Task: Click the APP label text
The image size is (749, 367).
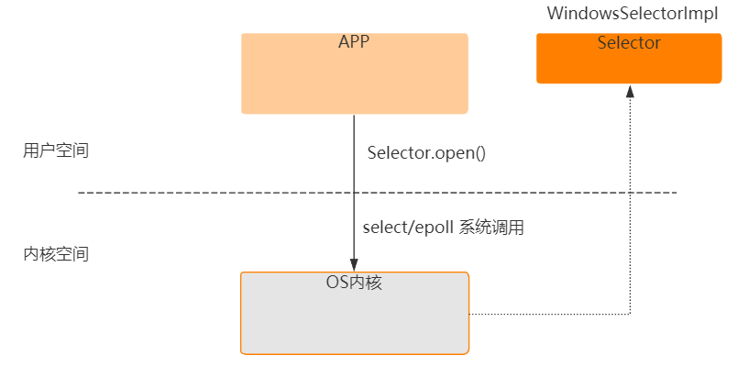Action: coord(354,42)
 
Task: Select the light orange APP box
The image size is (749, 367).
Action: coord(354,78)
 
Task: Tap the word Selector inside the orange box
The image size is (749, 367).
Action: coord(629,43)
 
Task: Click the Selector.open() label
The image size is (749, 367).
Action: coord(425,152)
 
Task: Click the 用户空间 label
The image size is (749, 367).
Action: coord(56,150)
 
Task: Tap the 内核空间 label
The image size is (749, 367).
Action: coord(56,254)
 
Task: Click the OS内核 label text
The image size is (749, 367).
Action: coord(354,283)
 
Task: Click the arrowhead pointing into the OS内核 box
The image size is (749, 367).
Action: coord(354,265)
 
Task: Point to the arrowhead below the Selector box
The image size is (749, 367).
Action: coord(630,90)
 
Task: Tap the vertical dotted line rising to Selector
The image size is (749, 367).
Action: coord(630,202)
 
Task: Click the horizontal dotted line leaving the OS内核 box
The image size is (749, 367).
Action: coord(550,315)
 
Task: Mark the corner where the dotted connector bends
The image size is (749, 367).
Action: coord(630,315)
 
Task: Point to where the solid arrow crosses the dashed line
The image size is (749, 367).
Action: coord(354,193)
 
